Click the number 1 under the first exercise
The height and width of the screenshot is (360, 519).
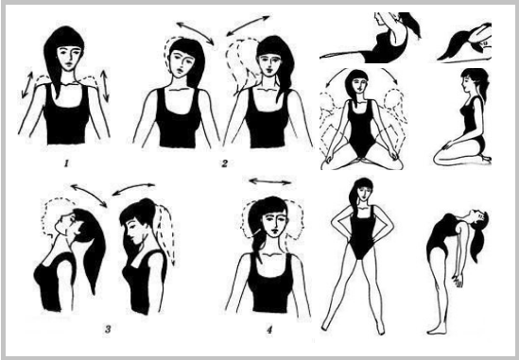(x=66, y=163)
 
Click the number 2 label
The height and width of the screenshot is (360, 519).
(x=225, y=163)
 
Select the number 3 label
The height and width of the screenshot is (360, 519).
(x=108, y=329)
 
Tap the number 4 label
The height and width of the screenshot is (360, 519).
(x=269, y=330)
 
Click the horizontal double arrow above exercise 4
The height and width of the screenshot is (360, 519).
(x=269, y=181)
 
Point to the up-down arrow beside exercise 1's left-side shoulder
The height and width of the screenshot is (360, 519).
(x=27, y=85)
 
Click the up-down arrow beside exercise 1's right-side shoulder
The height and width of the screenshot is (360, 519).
(x=105, y=85)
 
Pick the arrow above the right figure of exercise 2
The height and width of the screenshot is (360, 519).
(x=249, y=26)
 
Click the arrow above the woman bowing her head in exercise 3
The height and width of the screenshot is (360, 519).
(x=133, y=188)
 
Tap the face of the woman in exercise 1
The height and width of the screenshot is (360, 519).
(x=68, y=57)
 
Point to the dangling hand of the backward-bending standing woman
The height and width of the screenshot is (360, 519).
(x=458, y=281)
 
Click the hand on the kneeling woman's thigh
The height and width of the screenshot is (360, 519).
(x=448, y=146)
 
